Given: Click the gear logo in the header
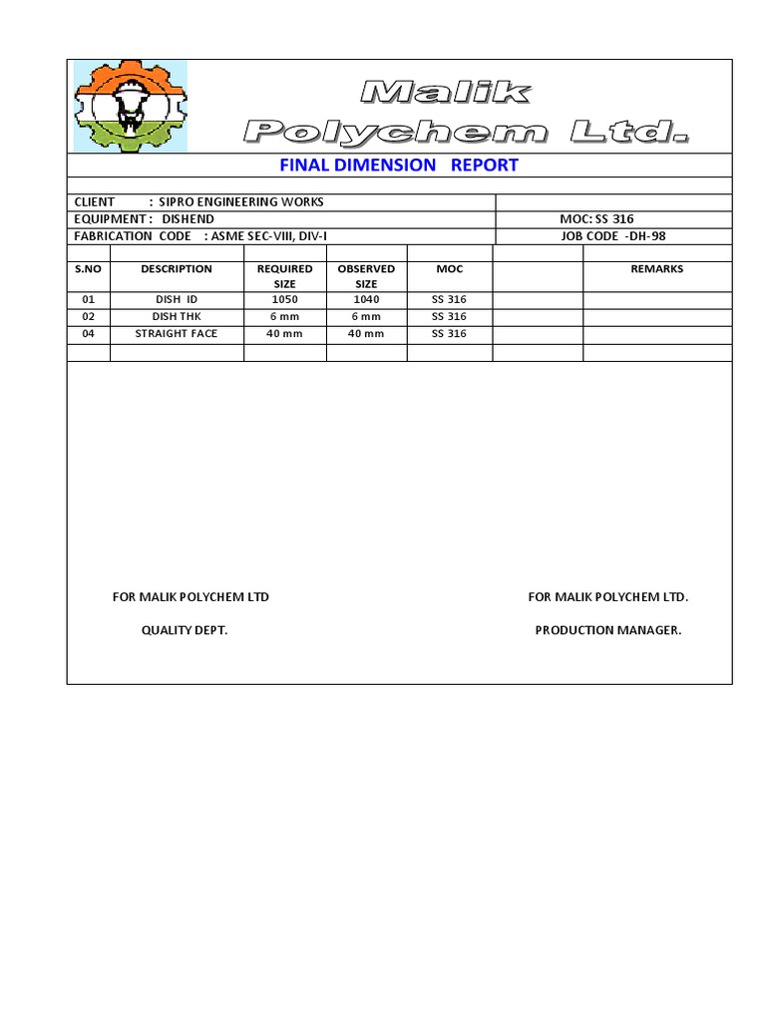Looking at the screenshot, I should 130,106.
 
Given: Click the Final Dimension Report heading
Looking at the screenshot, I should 399,166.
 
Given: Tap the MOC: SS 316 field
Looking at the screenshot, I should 596,219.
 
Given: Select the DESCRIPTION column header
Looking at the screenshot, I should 177,269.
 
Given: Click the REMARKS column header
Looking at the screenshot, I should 657,269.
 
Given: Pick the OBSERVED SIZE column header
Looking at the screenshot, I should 366,276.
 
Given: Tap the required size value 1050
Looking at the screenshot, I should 284,300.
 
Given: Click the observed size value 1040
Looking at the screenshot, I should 366,300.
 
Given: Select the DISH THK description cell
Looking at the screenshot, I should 177,317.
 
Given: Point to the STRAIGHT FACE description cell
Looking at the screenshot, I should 177,334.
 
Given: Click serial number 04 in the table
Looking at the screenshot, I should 88,334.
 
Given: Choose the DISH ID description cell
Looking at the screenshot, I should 177,300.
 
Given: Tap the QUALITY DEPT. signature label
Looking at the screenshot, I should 185,631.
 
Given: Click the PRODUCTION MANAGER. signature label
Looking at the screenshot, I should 608,631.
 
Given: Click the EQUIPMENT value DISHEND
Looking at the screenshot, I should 188,219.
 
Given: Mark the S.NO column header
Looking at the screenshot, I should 88,269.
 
